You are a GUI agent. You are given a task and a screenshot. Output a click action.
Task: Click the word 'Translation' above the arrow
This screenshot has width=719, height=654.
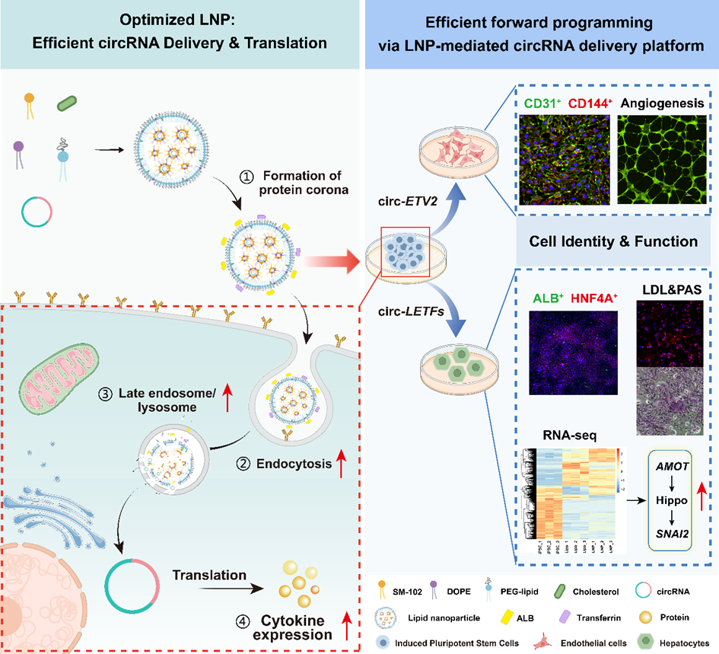(x=208, y=576)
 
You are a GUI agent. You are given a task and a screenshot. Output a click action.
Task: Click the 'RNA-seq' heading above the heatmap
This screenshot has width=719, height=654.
(x=566, y=436)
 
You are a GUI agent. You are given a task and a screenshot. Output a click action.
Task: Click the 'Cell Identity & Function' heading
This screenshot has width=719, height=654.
(x=613, y=241)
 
